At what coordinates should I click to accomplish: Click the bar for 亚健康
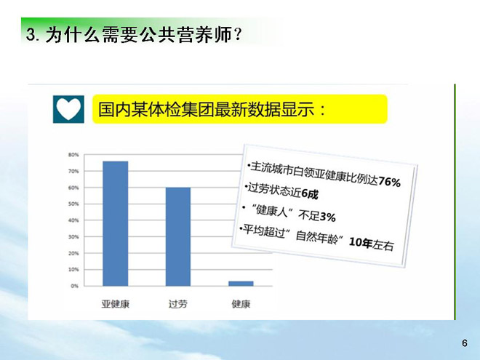116,223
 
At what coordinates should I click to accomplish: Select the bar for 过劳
178,236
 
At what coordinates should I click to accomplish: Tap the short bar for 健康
241,284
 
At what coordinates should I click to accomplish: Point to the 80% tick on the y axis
73,155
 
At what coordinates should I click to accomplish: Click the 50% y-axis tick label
73,204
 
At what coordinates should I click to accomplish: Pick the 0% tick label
75,286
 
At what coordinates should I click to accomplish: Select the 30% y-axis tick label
73,237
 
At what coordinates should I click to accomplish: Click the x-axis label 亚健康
116,304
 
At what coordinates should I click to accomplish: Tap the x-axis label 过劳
178,304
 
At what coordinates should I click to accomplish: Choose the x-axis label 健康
241,304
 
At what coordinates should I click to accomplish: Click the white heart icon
68,108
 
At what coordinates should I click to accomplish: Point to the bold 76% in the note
389,182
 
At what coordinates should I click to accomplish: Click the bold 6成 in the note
310,193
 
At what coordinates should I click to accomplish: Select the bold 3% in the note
327,217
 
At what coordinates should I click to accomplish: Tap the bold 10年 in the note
361,242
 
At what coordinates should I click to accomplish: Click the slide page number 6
465,343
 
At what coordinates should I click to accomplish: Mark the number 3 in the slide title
30,34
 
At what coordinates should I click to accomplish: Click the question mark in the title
236,35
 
